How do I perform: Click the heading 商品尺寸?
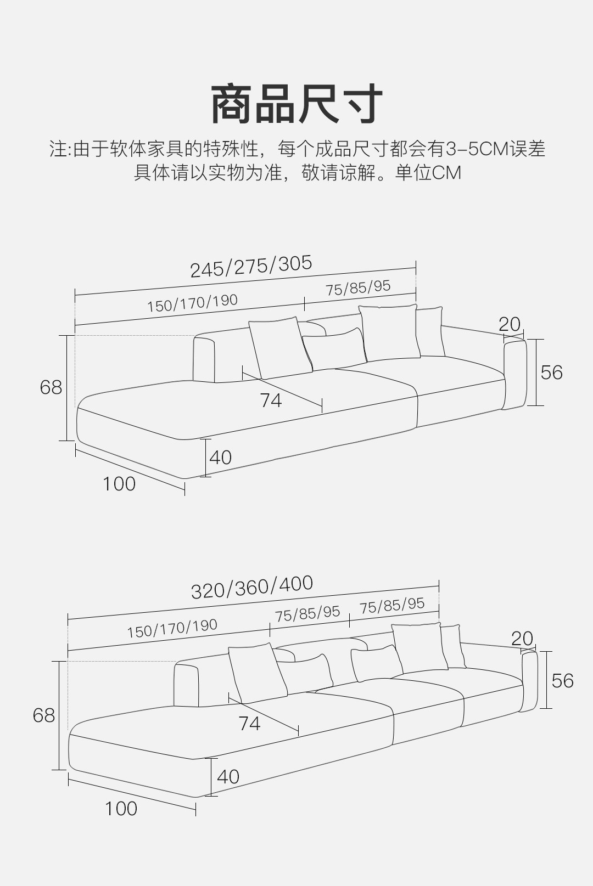[296, 104]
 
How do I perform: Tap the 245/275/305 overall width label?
[251, 267]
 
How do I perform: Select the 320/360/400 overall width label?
[252, 586]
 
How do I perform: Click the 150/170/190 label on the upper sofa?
[192, 303]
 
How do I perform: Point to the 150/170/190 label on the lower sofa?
[172, 628]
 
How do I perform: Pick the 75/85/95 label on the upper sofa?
[358, 287]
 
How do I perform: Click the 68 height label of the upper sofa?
[51, 387]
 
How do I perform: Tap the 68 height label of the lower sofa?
[44, 715]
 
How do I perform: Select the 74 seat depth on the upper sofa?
[271, 400]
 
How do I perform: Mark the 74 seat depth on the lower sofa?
[249, 724]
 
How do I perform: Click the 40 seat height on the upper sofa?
[221, 458]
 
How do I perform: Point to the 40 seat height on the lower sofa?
[228, 777]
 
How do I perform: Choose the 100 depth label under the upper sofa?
[119, 484]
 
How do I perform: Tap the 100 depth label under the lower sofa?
[121, 809]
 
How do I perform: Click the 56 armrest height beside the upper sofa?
[551, 373]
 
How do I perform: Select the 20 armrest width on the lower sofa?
[522, 639]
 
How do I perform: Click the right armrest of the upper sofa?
[514, 375]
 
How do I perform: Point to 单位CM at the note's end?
[428, 173]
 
